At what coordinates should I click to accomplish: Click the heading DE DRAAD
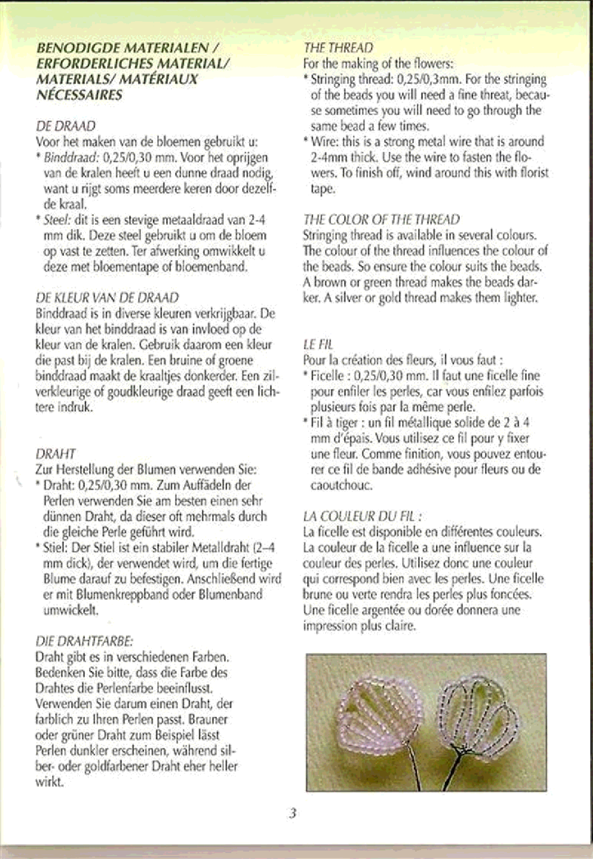tap(66, 127)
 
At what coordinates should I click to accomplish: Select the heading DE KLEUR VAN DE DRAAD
tap(107, 298)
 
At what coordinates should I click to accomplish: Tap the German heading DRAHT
tap(55, 454)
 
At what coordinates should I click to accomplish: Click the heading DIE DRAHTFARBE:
tap(84, 642)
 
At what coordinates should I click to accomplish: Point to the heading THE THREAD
tap(338, 48)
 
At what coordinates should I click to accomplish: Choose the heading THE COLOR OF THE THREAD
tap(381, 219)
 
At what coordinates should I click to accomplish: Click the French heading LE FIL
tap(318, 344)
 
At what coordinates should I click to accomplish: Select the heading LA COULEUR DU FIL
tap(362, 516)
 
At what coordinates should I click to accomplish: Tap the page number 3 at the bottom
tap(293, 814)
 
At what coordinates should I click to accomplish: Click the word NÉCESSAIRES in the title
tap(79, 95)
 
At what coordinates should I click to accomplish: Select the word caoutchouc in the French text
tap(341, 485)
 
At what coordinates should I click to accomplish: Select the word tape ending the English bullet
tap(323, 189)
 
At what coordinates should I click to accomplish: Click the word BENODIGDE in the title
tap(79, 48)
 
